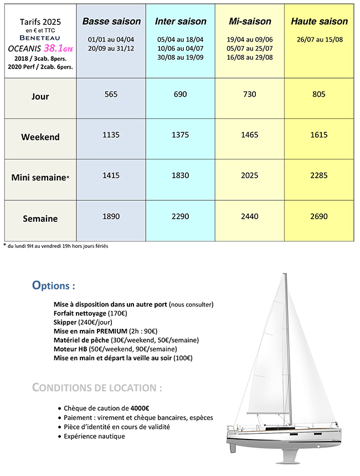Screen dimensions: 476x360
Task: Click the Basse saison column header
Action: tap(111, 22)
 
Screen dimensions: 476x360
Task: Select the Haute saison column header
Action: tap(320, 22)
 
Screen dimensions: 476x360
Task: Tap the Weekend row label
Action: tap(40, 137)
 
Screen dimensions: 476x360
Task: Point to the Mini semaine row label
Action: tap(40, 178)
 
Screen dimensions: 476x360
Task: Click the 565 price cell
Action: tap(111, 94)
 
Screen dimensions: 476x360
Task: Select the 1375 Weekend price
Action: tap(181, 134)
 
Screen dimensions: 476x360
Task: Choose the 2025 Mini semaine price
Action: tap(250, 175)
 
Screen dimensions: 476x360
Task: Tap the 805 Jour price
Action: tap(320, 94)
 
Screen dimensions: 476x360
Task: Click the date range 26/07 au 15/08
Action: tap(320, 40)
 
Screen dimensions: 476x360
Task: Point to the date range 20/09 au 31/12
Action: tap(111, 48)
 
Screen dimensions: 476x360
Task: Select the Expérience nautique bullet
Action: tap(94, 436)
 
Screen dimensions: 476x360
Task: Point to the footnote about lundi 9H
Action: tap(58, 246)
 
